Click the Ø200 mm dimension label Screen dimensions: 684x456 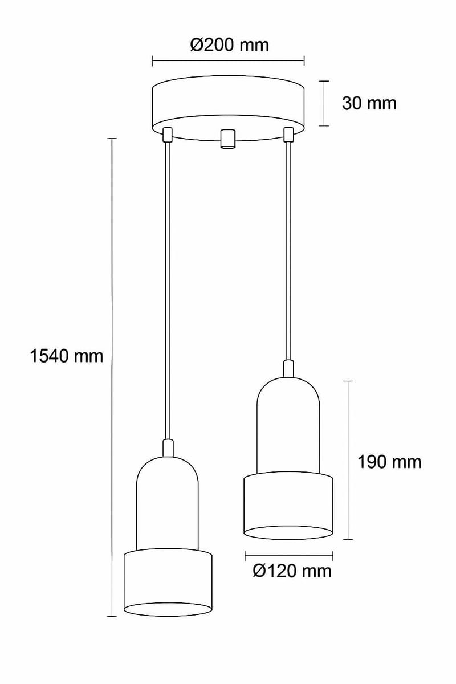point(229,44)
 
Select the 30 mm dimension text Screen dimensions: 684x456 point(369,103)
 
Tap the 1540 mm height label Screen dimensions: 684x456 point(66,356)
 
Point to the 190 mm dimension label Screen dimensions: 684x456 point(389,462)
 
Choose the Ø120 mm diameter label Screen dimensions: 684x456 point(292,570)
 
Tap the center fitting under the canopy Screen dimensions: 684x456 point(228,138)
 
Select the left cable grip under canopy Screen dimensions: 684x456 point(167,135)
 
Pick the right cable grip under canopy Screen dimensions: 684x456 point(288,135)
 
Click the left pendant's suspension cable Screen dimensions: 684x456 point(167,285)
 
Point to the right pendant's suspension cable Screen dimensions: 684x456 point(288,251)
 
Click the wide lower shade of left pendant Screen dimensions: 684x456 point(168,581)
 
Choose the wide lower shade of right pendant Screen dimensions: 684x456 point(288,504)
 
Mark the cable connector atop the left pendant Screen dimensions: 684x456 point(167,447)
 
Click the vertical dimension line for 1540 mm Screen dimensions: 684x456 point(112,456)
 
